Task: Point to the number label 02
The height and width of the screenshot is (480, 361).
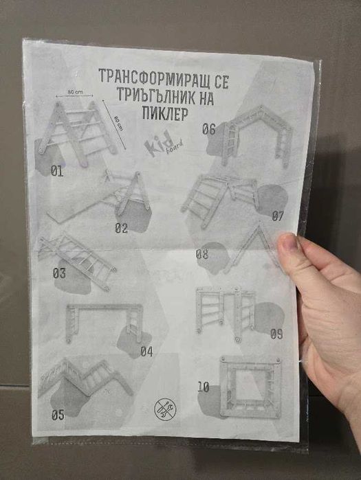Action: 122,228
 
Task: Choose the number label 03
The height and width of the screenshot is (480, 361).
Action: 60,273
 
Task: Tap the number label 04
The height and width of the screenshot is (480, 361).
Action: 146,352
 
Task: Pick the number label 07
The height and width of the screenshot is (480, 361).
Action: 277,216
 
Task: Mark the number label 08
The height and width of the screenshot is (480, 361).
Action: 201,254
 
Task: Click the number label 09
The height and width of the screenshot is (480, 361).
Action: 276,334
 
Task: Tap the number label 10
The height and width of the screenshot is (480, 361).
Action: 203,387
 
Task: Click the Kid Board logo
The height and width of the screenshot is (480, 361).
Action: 157,146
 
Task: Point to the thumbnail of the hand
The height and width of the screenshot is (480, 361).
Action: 288,245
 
